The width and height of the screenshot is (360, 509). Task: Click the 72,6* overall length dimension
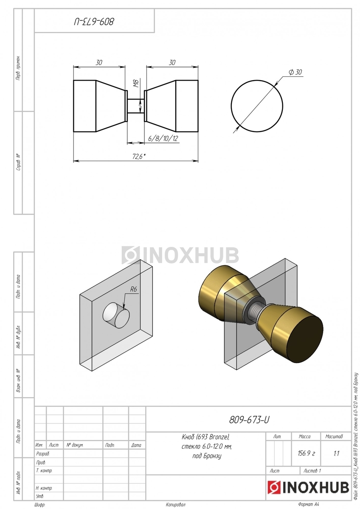coord(139,157)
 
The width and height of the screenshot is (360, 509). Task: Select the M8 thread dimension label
coord(136,84)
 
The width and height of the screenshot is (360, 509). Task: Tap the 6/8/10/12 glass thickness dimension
coord(163,138)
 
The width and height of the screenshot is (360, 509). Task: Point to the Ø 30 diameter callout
coord(295,72)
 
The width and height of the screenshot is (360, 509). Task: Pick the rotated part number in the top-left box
coord(94,22)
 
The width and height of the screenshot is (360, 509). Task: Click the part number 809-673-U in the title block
coord(249,420)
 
